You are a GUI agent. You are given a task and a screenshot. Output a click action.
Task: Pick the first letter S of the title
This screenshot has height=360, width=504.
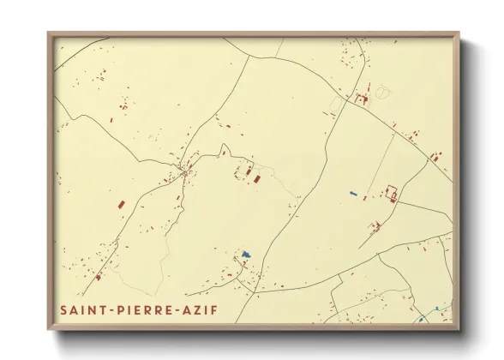click(x=63, y=308)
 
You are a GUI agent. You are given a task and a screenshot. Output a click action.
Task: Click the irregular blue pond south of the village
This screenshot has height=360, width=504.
click(x=246, y=255)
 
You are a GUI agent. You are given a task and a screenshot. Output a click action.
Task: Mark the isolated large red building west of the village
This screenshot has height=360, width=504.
click(x=120, y=204)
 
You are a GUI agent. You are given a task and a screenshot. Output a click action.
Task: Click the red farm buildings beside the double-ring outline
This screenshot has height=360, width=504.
click(x=363, y=99)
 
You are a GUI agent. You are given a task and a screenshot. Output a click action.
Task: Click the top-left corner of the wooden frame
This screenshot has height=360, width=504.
click(x=49, y=34)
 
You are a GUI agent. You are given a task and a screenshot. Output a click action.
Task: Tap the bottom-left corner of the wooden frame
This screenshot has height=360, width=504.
click(x=49, y=329)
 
